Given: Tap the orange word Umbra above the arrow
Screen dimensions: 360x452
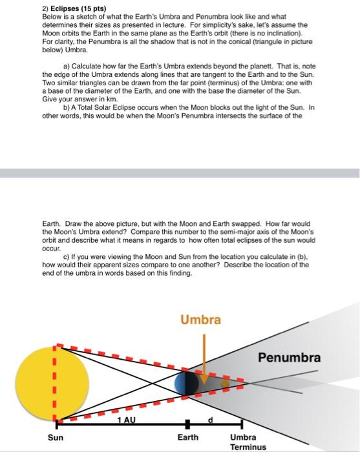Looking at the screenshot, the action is [x=200, y=320].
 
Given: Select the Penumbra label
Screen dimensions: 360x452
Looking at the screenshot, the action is [x=290, y=357].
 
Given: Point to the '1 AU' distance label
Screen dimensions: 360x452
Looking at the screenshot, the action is [x=125, y=420].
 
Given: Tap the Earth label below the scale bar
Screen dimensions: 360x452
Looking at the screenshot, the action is [x=188, y=437].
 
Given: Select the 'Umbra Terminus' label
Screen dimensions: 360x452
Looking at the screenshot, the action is [x=248, y=442].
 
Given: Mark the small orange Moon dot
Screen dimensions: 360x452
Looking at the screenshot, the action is [x=225, y=384].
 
